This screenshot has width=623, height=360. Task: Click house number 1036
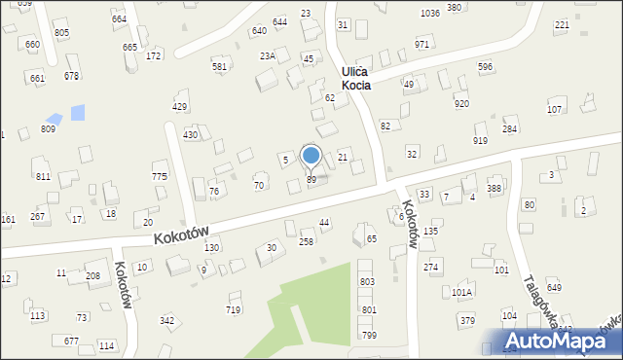pos(429,13)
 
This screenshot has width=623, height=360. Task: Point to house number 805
pos(61,32)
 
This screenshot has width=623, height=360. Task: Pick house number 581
pos(220,66)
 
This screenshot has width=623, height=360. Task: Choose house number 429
pos(179,106)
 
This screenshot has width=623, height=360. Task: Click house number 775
pos(160,176)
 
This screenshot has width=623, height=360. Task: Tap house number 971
pos(422,45)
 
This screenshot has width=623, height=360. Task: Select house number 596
pos(485,66)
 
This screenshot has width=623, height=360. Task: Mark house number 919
pos(480,141)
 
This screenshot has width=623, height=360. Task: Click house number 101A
pos(462,292)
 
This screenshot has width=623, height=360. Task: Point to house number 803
pos(368,281)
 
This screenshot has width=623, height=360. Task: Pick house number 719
pos(233,309)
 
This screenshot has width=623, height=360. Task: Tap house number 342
pos(166,320)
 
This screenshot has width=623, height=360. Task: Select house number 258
pos(306,241)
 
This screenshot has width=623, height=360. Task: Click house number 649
pos(554,287)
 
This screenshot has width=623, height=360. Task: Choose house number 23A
pos(267,56)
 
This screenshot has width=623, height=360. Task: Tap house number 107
pos(554,109)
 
